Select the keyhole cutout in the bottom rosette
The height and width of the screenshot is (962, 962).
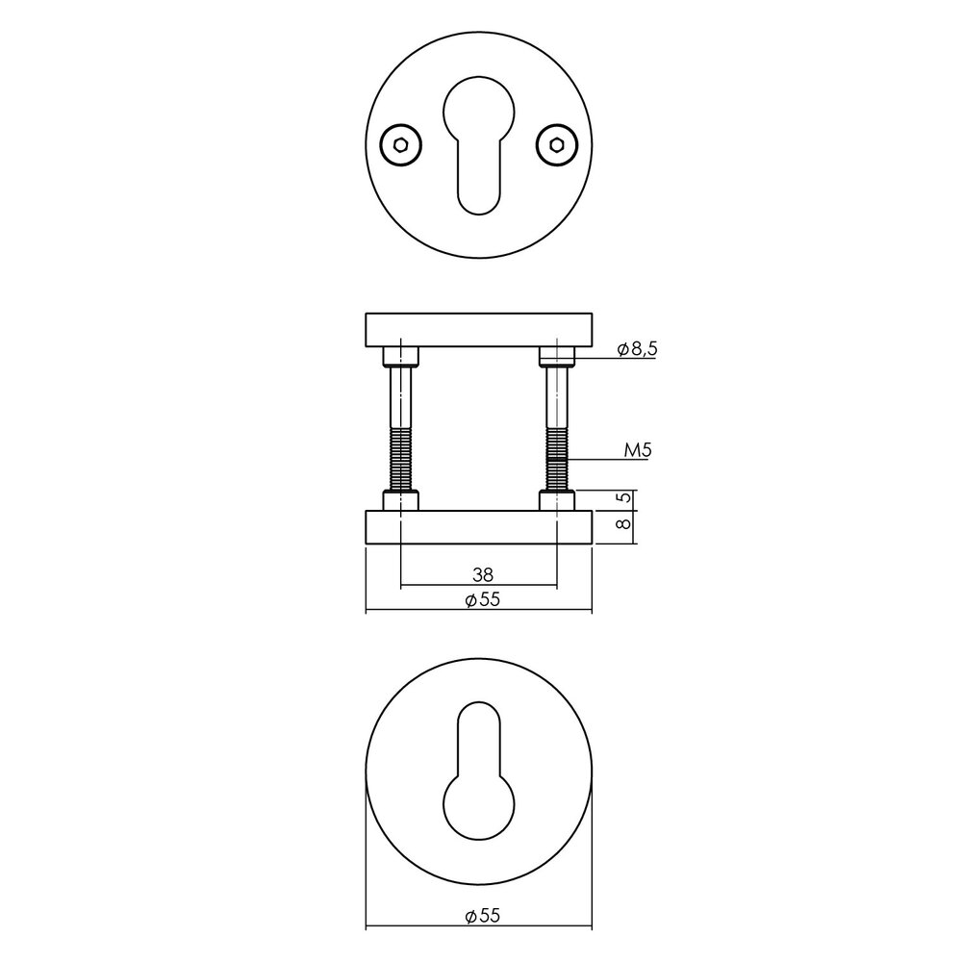[x=478, y=770]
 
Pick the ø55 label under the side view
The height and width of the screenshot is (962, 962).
[x=482, y=600]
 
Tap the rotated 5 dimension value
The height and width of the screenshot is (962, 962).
[x=623, y=499]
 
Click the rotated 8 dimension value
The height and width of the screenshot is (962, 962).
[x=623, y=525]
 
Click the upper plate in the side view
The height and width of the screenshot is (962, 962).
[x=478, y=329]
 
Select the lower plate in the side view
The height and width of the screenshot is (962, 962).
[x=478, y=528]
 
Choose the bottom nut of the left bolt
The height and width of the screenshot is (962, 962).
[x=399, y=501]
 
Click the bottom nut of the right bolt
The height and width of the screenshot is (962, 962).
[x=556, y=501]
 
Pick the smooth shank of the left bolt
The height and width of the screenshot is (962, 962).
[x=399, y=399]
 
